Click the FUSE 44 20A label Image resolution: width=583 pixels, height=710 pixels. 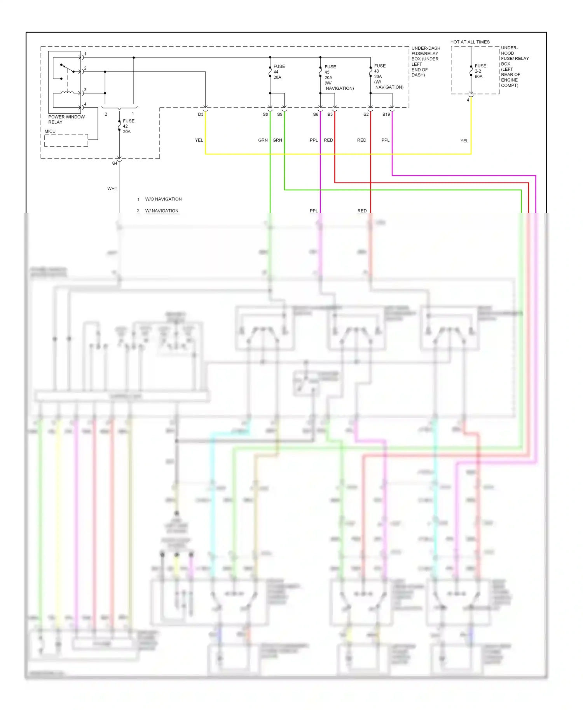pos(279,72)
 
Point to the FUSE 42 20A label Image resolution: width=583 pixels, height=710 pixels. pos(128,126)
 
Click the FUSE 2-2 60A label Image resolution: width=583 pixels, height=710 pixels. pos(480,71)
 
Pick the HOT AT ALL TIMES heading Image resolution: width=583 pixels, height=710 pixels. pos(470,42)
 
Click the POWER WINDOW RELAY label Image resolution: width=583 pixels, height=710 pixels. pos(66,119)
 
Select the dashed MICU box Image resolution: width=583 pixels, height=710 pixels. pos(66,140)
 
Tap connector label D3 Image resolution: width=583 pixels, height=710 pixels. pos(201,115)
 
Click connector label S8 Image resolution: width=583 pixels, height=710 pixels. pos(265,115)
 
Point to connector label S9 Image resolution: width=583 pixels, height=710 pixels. pos(279,115)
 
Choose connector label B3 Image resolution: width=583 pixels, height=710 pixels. pos(330,115)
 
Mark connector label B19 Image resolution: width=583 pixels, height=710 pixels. pos(386,115)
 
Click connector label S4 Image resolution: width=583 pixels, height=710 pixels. pos(115,164)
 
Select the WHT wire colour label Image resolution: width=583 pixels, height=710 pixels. pos(112,188)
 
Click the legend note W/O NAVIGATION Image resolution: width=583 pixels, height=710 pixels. pos(163,199)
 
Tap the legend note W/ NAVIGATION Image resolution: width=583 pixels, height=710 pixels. pos(162,211)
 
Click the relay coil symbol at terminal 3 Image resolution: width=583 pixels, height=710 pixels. pos(67,92)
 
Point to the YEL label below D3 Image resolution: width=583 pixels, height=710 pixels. pos(199,140)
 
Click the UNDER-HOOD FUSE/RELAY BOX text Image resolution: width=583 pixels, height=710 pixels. pos(515,66)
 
